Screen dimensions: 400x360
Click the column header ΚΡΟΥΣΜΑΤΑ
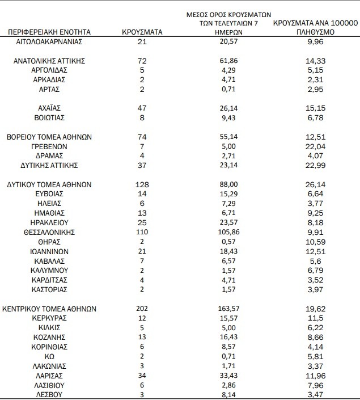pos(142,32)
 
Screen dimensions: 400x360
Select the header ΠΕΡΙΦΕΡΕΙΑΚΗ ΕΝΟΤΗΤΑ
pos(50,32)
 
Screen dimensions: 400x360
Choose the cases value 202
pos(142,309)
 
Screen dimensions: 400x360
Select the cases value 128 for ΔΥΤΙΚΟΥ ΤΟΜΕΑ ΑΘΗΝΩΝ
pos(142,184)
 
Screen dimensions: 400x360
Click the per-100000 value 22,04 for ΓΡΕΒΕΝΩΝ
pos(314,146)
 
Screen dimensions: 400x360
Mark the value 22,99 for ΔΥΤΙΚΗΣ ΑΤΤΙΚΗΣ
pos(314,165)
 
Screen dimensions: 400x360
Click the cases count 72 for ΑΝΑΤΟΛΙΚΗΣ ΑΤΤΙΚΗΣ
pos(142,60)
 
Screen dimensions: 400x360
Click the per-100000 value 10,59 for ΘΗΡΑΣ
pos(314,242)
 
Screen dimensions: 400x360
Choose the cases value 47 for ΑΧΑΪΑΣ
pos(142,108)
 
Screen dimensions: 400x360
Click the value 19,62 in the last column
pos(314,309)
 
